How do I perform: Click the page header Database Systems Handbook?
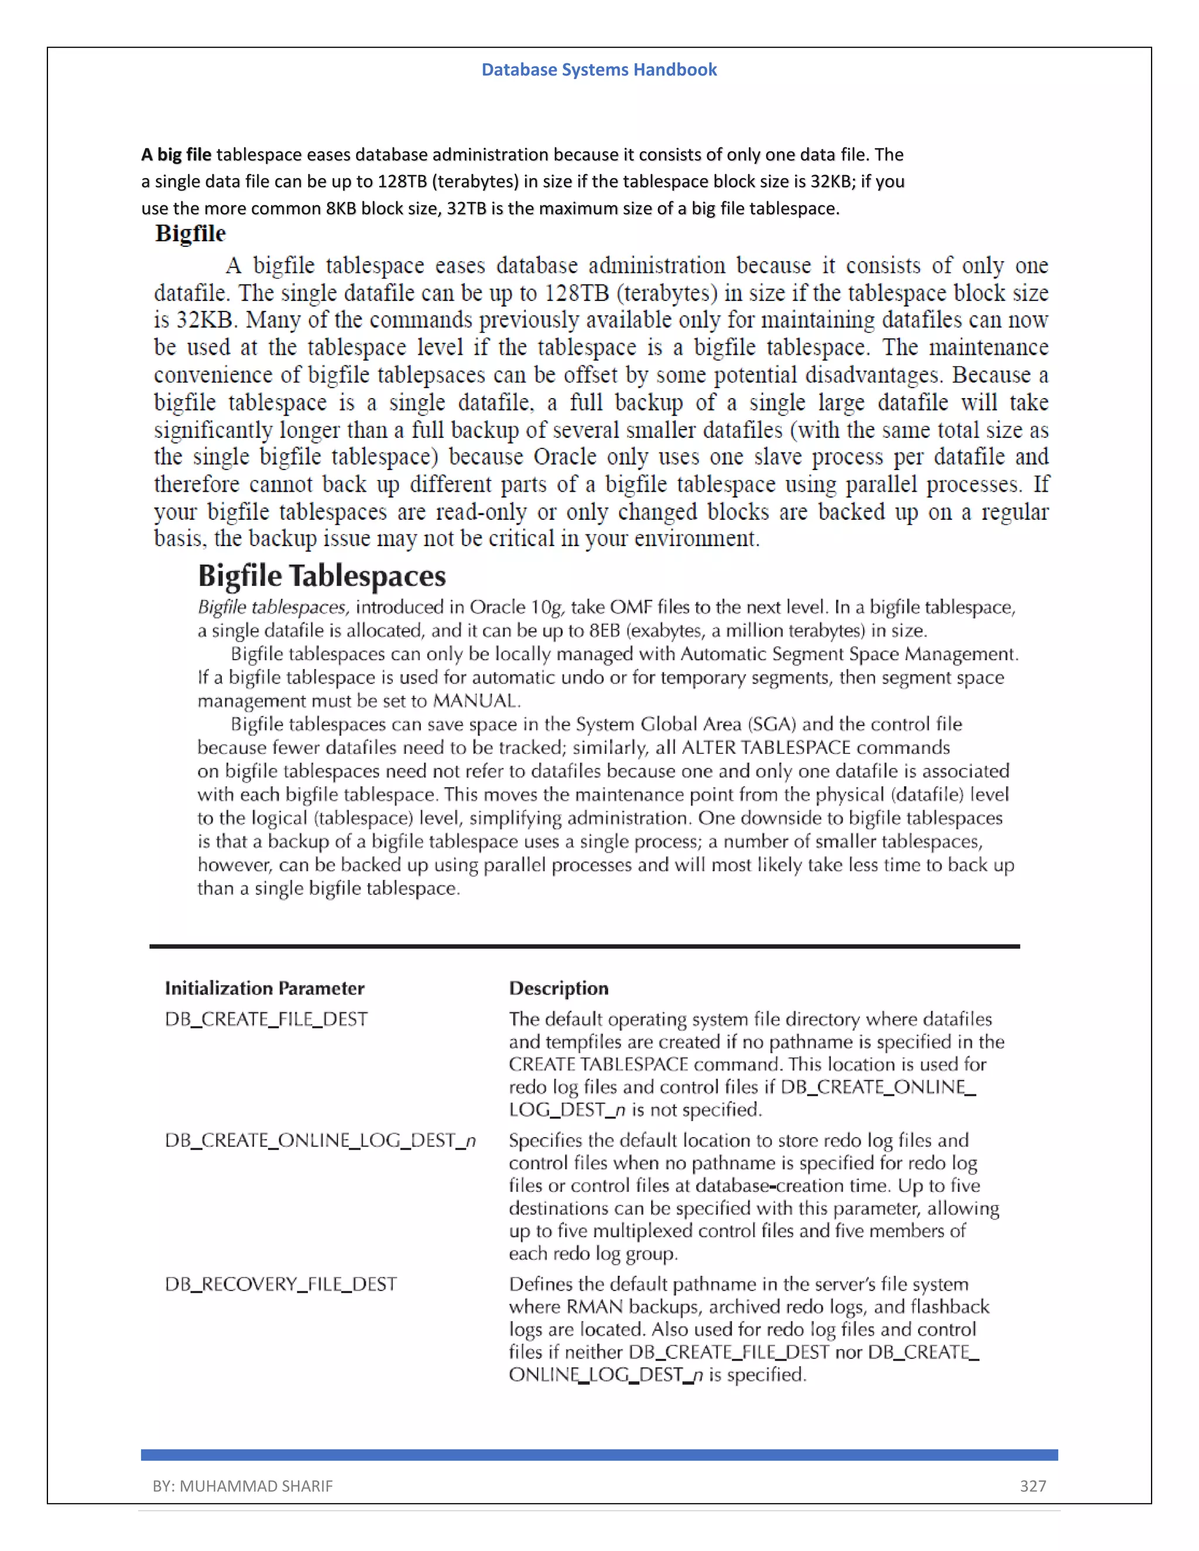point(599,70)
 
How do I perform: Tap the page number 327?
point(1032,1485)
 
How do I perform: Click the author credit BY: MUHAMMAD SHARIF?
point(242,1485)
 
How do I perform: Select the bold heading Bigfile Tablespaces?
point(322,576)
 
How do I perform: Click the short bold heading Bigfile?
point(190,234)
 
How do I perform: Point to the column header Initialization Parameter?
point(264,988)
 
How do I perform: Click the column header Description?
point(559,988)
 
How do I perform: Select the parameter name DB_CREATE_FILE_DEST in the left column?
point(266,1019)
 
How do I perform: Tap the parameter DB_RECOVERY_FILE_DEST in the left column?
point(280,1284)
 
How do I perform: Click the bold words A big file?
point(176,155)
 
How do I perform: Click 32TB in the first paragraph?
point(466,209)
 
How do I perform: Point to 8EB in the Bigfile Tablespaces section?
point(605,630)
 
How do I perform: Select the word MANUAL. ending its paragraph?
point(477,701)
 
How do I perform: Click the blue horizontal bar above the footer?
point(599,1454)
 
